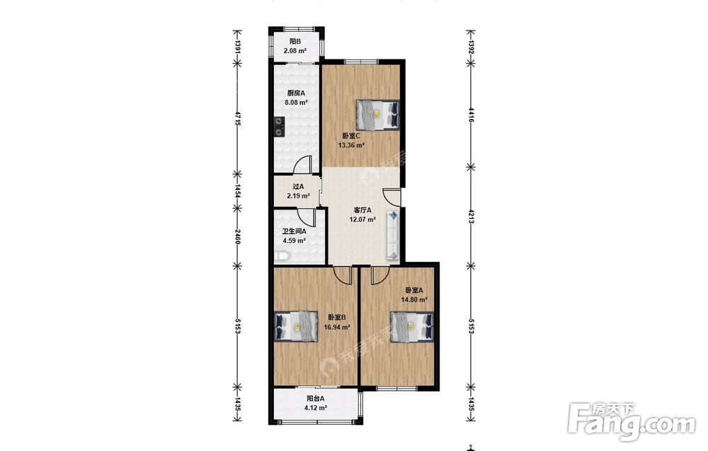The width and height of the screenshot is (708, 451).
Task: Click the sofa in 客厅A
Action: point(392,235)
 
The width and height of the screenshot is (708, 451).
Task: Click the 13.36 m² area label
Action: point(351,145)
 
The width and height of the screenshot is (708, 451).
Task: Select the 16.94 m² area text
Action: point(337,327)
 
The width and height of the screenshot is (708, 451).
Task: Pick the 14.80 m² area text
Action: point(414,299)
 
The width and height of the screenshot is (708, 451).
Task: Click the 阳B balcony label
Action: point(295,42)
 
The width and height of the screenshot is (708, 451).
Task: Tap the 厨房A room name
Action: point(296,93)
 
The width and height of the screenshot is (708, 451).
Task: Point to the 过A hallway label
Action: point(298,186)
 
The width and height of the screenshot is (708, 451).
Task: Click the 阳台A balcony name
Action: point(316,399)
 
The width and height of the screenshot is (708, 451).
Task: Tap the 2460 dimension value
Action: point(237,236)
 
